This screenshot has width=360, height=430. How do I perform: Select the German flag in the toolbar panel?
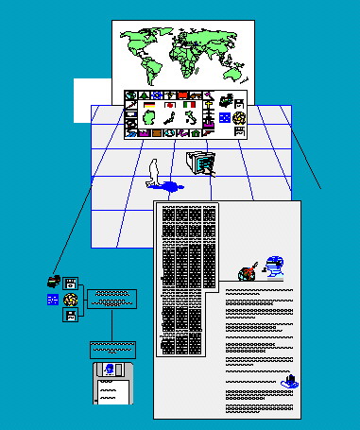click(150, 104)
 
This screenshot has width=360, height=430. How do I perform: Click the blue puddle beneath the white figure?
click(171, 184)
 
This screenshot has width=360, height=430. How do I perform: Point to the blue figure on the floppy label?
click(110, 370)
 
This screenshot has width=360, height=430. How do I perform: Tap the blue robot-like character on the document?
click(273, 267)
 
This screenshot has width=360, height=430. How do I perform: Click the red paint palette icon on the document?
click(247, 273)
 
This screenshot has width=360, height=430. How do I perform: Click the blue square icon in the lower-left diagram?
click(52, 300)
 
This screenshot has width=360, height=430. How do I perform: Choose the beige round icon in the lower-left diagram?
click(69, 300)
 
